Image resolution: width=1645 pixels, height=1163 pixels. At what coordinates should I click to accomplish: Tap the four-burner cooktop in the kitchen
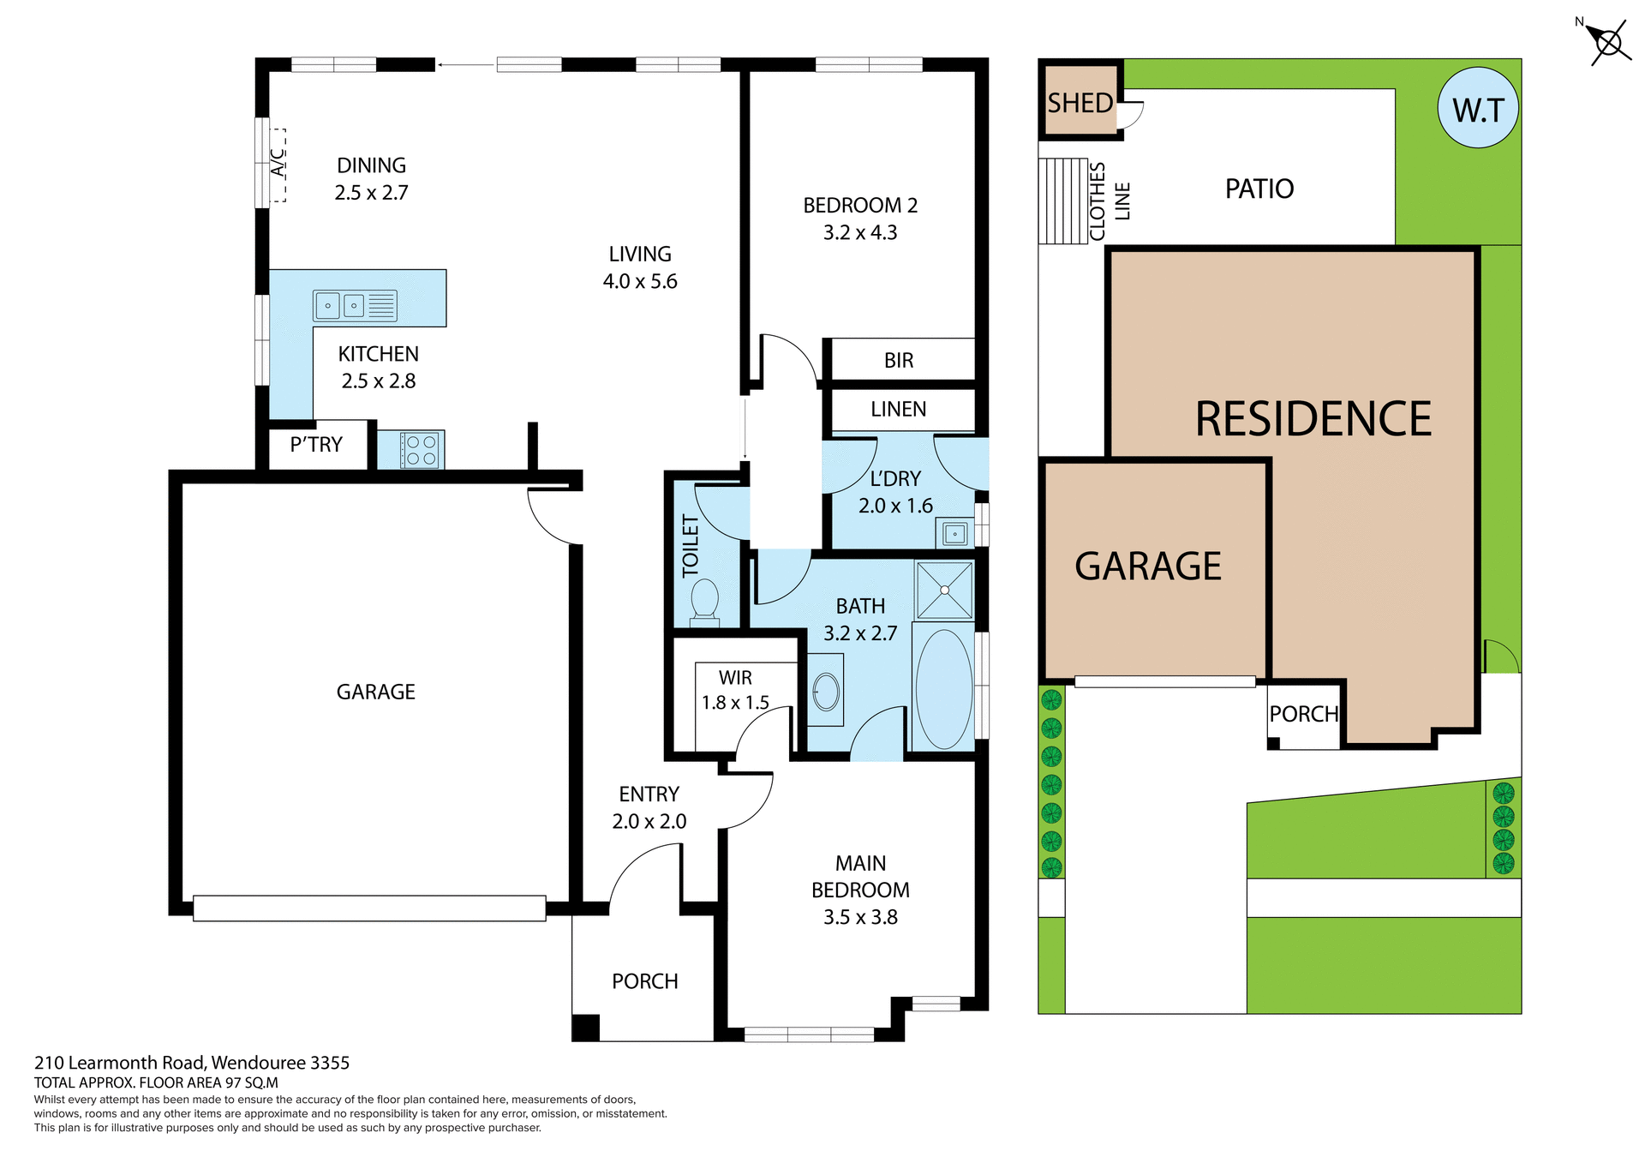click(x=421, y=450)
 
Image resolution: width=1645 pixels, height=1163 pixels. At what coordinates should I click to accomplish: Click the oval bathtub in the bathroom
click(x=944, y=689)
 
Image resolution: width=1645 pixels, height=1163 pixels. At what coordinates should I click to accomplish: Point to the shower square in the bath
click(x=944, y=590)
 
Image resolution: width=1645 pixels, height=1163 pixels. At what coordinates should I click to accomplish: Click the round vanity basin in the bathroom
click(x=826, y=692)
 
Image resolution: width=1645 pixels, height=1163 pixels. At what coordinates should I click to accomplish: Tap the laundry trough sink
click(x=954, y=534)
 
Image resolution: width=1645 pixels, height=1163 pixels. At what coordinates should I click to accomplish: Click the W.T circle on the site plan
click(x=1478, y=109)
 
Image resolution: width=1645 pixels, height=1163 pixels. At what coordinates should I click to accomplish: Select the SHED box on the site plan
click(x=1080, y=101)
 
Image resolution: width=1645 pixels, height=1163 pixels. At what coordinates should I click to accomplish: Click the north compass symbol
click(x=1607, y=42)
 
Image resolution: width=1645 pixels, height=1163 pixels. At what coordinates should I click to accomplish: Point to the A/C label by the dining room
click(x=278, y=163)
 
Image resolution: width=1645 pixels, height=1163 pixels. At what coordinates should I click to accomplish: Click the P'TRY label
click(x=316, y=445)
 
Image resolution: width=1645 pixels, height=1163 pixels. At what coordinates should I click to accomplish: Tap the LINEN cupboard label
click(x=898, y=410)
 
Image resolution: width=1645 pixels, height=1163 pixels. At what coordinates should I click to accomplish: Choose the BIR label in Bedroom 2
click(x=899, y=361)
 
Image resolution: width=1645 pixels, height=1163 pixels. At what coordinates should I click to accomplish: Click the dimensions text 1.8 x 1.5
click(x=735, y=703)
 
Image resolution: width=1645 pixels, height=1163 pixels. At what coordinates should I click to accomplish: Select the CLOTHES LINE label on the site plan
click(x=1109, y=201)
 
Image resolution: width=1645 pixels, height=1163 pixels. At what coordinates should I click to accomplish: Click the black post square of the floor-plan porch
click(x=585, y=1027)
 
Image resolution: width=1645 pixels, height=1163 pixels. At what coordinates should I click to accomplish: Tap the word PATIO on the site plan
click(x=1259, y=189)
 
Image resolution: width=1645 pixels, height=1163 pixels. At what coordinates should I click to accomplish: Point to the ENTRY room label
click(x=649, y=794)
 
